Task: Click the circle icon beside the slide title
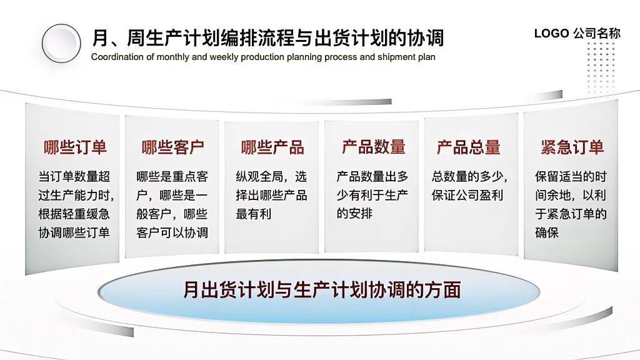point(62,43)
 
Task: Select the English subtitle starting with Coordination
point(263,57)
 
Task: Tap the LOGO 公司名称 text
point(577,34)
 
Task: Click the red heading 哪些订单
point(75,147)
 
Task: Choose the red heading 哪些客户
point(172,147)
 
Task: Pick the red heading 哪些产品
point(272,147)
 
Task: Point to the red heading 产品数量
point(373,147)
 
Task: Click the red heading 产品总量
point(468,147)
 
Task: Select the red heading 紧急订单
point(572,147)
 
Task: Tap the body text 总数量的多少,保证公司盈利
point(469,186)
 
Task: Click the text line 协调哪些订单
point(74,232)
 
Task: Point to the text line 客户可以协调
point(172,232)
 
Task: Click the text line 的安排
point(354,214)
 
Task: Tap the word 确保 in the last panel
point(546,232)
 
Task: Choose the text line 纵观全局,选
point(271,176)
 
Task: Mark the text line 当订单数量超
point(74,176)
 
